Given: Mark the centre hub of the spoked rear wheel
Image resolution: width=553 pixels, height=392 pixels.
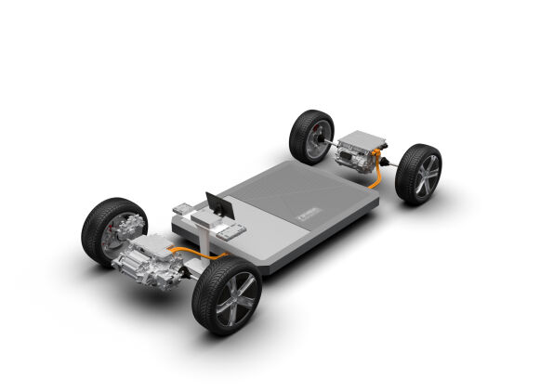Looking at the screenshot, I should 426,176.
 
